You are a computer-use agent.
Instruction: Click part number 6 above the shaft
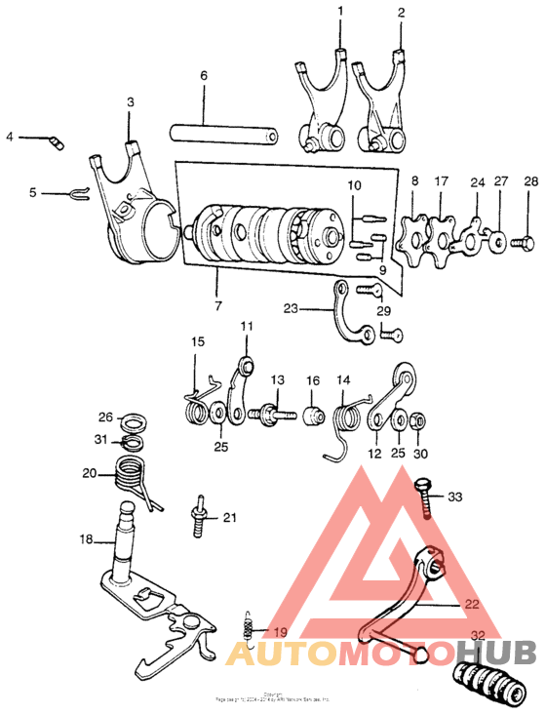point(204,75)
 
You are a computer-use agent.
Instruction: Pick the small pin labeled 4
point(56,143)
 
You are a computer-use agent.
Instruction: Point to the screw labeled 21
point(201,516)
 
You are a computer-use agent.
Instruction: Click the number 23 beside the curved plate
point(291,308)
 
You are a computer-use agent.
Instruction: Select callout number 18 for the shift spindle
point(85,537)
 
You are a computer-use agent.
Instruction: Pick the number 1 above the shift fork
point(340,12)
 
